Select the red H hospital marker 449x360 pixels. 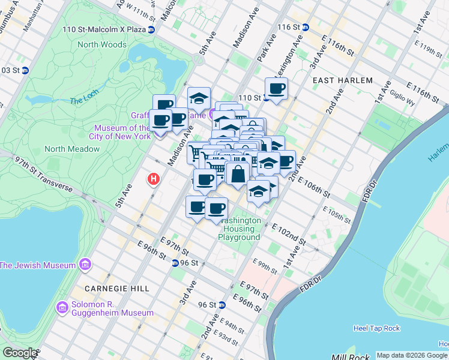154,179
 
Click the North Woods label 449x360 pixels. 101,44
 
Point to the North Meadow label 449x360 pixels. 71,149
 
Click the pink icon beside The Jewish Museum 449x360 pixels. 85,265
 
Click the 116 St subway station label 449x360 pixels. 288,27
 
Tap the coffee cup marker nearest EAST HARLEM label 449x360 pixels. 276,89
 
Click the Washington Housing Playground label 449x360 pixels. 241,229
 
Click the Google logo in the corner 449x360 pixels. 20,353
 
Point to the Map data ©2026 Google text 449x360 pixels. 412,355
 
